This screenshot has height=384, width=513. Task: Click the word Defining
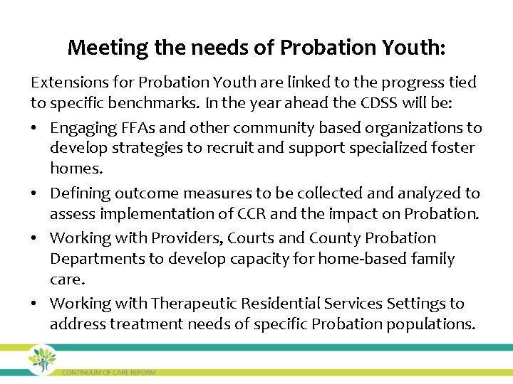point(79,193)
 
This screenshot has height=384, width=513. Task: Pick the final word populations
point(430,324)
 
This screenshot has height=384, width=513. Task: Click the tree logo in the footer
point(42,359)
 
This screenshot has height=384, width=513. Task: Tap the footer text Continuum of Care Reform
point(108,372)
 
